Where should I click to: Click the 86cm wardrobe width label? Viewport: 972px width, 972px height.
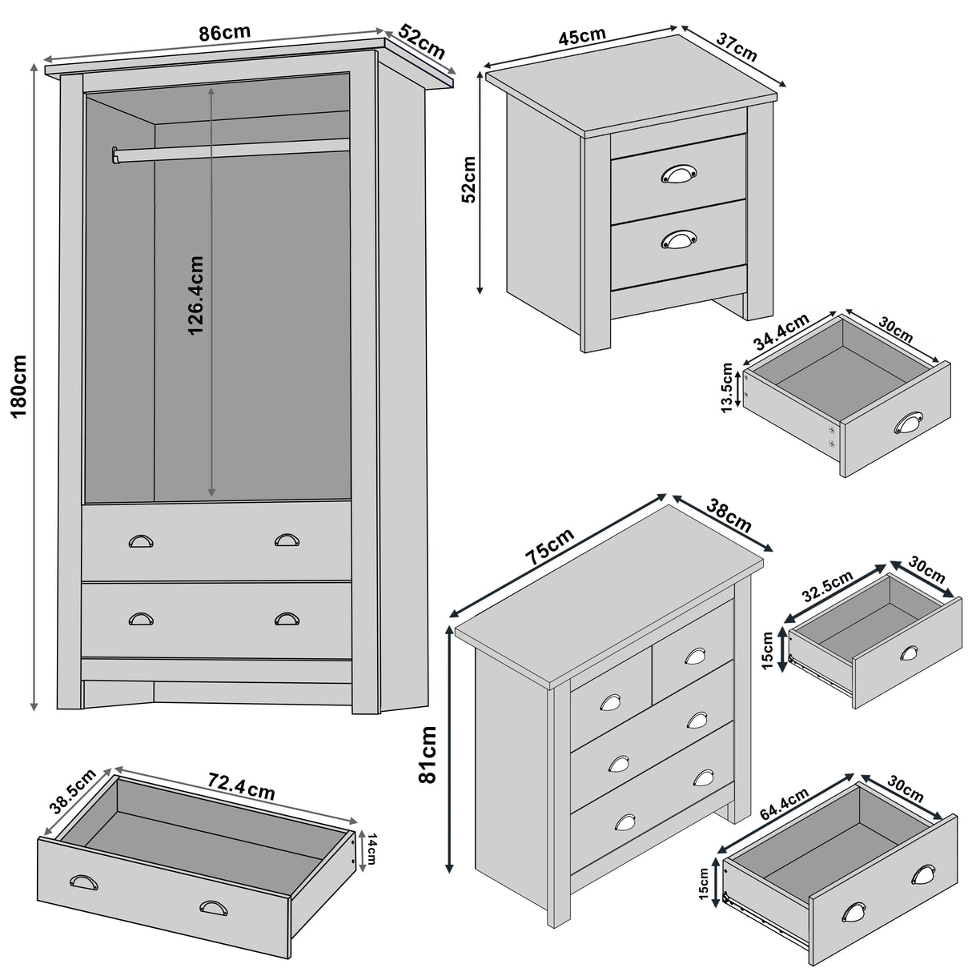(x=224, y=33)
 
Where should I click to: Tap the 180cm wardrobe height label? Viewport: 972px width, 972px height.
(x=18, y=385)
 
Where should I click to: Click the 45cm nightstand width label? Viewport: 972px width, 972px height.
(x=582, y=37)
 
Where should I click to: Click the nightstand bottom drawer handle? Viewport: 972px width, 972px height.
(x=679, y=238)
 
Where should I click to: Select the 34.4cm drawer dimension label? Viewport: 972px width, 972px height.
(x=781, y=332)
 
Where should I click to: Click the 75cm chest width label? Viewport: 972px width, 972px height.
(x=552, y=546)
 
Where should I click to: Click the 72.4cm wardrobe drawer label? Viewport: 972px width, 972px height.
(x=239, y=788)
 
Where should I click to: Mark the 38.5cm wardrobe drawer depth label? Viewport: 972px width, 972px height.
(x=72, y=791)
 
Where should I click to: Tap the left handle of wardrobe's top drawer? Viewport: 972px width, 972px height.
(x=141, y=541)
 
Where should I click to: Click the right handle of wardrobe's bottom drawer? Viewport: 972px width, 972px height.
(x=286, y=618)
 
